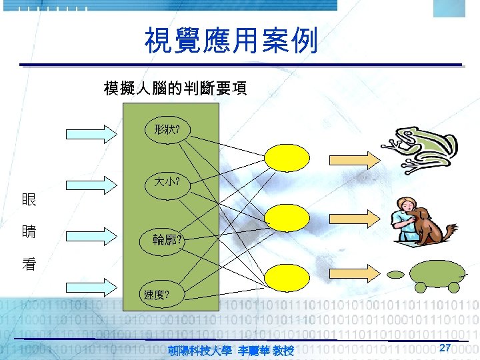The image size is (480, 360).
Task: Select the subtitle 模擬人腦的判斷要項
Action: click(175, 88)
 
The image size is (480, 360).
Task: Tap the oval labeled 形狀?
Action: click(167, 130)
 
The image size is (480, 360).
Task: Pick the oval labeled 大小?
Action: click(167, 181)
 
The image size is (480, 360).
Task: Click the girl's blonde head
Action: click(405, 206)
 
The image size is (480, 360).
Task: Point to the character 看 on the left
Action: click(29, 264)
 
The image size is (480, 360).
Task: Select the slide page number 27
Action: click(446, 347)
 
